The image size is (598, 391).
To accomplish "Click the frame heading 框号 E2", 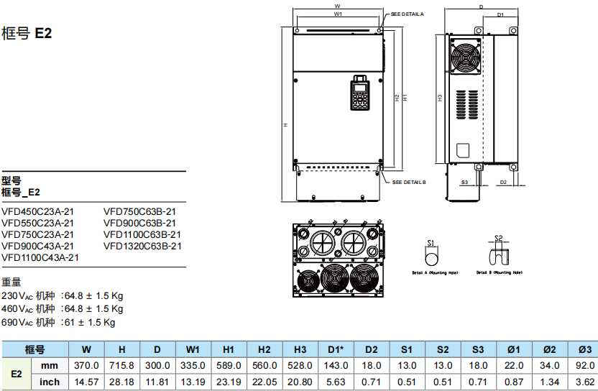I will click(x=27, y=33).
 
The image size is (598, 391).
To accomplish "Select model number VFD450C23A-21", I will click(x=37, y=211).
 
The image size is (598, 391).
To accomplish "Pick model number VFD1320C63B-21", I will click(x=142, y=246).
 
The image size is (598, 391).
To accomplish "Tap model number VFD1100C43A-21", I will click(x=40, y=257).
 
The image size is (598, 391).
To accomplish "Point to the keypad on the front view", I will click(x=360, y=94).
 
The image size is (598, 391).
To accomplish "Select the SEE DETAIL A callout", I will click(x=408, y=14).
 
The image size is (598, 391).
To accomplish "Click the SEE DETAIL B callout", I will click(x=409, y=183).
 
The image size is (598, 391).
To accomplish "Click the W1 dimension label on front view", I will click(x=337, y=14).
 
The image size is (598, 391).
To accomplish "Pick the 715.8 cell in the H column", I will click(x=121, y=367).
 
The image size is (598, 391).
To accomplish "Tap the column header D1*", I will click(x=335, y=349).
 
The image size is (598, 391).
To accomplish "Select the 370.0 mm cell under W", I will click(x=86, y=367).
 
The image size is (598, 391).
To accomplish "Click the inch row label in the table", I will click(x=50, y=382).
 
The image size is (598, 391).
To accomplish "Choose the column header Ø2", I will click(x=548, y=349).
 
